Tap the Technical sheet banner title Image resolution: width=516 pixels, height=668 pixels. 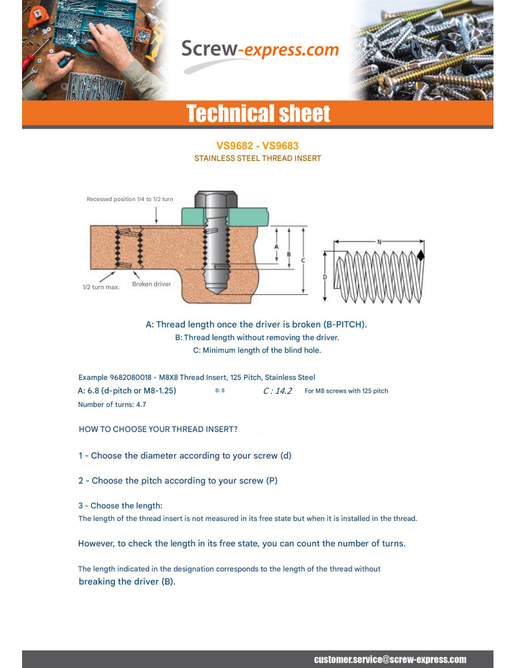258,114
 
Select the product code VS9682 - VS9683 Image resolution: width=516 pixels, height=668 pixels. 258,146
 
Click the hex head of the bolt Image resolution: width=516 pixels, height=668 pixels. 216,199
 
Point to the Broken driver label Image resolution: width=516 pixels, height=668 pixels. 152,284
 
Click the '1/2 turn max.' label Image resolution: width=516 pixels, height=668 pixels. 101,287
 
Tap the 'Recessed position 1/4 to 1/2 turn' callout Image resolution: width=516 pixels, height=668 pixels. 130,199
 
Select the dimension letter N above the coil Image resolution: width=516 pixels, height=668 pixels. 379,241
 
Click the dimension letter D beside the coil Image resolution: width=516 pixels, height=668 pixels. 325,277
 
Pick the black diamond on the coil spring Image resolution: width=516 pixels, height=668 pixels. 421,256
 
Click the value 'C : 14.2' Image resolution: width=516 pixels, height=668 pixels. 278,391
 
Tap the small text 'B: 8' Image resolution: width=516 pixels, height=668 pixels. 220,390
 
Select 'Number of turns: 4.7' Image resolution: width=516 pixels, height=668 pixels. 112,404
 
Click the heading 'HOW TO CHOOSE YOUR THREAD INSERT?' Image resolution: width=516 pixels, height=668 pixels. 158,429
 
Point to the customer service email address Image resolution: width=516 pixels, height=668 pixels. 390,660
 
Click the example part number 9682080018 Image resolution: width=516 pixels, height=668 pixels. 130,377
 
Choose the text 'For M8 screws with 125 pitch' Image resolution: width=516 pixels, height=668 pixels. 346,391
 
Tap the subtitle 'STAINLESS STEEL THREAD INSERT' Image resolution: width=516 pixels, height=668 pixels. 258,158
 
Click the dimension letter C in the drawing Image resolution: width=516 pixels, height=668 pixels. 303,260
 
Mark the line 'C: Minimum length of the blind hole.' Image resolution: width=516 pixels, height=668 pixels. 257,350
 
